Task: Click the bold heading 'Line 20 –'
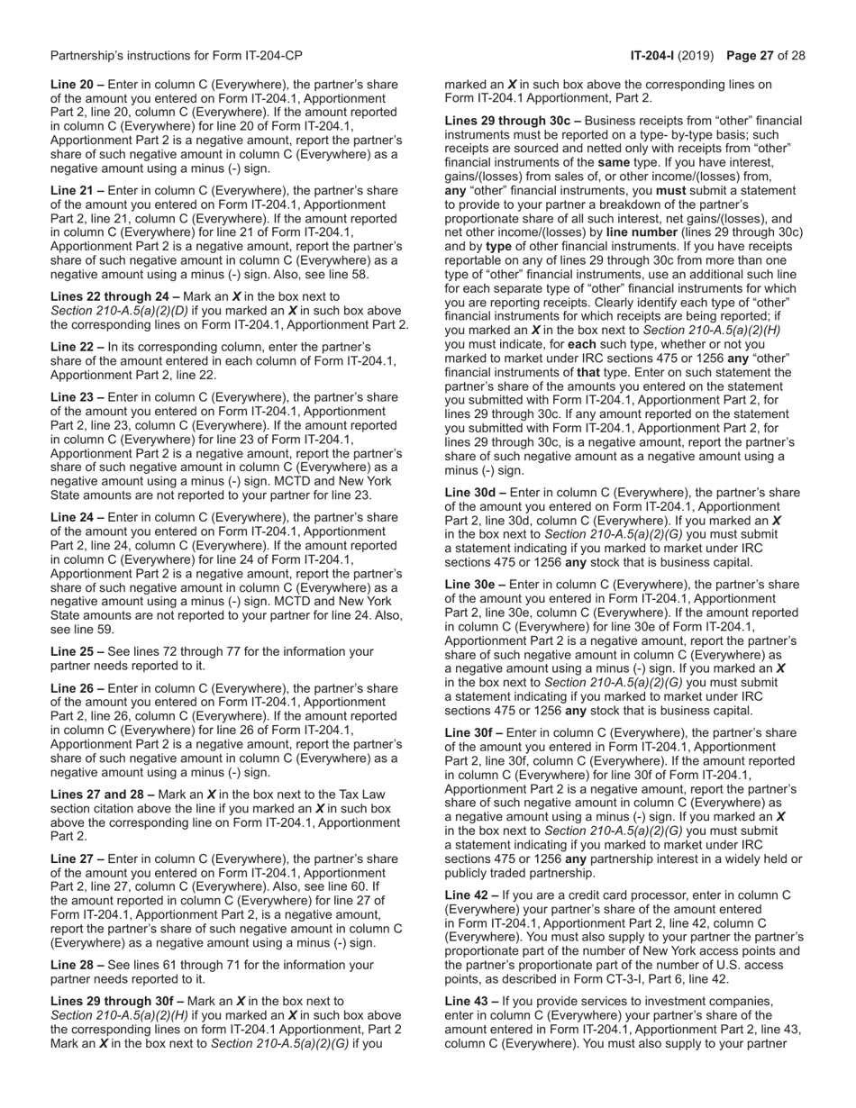pyautogui.click(x=77, y=85)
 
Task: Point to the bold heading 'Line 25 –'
pyautogui.click(x=77, y=651)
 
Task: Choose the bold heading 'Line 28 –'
pyautogui.click(x=77, y=965)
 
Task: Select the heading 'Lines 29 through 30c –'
pyautogui.click(x=506, y=120)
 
